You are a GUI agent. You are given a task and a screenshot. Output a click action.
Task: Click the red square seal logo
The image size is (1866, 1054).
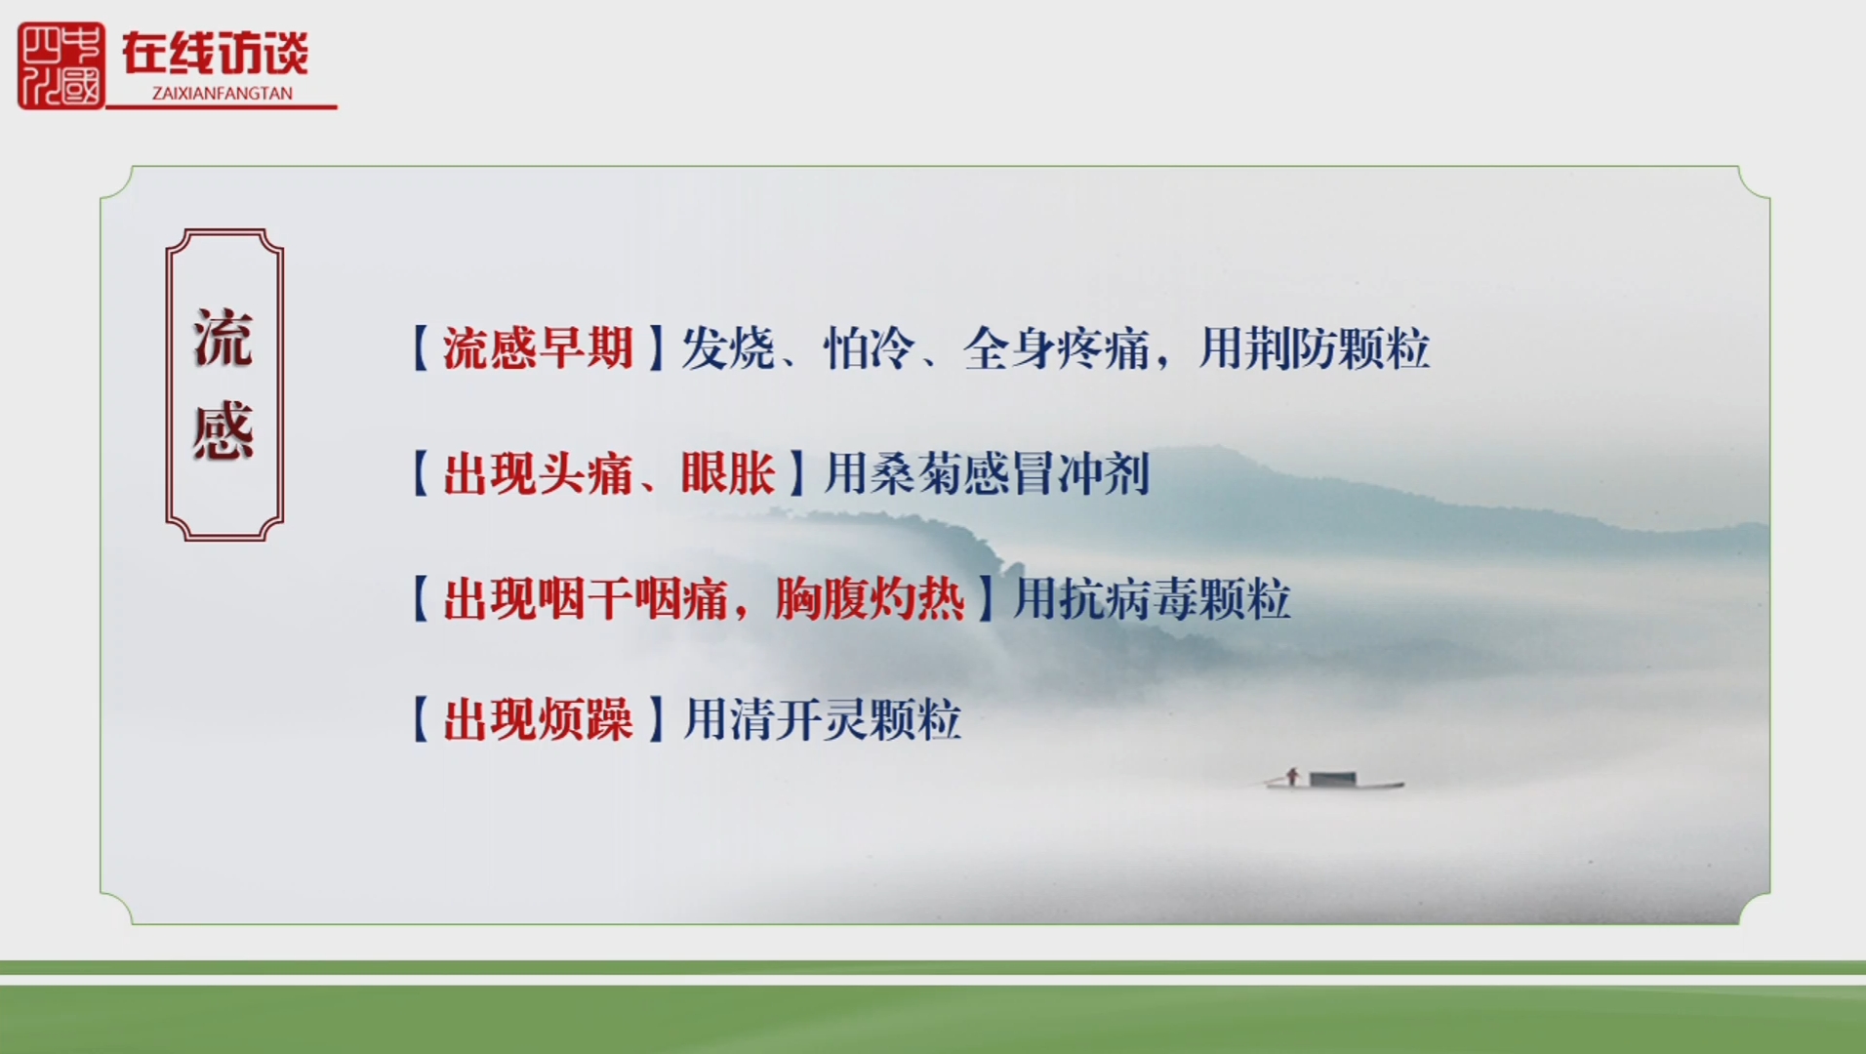pyautogui.click(x=61, y=65)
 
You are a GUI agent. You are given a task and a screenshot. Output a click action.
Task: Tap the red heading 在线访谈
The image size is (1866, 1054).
pyautogui.click(x=215, y=53)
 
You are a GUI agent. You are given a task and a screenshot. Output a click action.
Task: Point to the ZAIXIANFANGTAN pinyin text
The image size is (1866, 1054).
pyautogui.click(x=223, y=94)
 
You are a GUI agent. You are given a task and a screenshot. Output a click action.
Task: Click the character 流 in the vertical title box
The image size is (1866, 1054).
pyautogui.click(x=223, y=339)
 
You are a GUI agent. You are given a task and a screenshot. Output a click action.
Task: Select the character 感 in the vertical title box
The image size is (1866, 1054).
pyautogui.click(x=223, y=430)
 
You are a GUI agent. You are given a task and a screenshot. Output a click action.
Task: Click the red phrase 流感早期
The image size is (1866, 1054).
pyautogui.click(x=538, y=348)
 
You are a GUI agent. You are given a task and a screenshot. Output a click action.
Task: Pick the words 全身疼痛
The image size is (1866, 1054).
pyautogui.click(x=1057, y=348)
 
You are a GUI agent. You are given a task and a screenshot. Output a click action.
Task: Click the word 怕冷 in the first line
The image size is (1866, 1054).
pyautogui.click(x=869, y=348)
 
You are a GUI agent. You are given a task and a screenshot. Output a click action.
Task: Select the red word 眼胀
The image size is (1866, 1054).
pyautogui.click(x=728, y=473)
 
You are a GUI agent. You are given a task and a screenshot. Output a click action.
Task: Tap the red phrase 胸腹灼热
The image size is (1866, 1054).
pyautogui.click(x=870, y=598)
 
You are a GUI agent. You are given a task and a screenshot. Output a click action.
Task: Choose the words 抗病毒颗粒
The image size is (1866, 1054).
pyautogui.click(x=1176, y=598)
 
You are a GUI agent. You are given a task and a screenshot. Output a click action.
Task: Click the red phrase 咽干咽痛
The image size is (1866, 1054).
pyautogui.click(x=632, y=598)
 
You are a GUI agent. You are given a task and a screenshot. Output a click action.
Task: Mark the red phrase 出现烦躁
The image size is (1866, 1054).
pyautogui.click(x=538, y=720)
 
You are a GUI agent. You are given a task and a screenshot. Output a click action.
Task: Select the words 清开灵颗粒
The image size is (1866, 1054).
pyautogui.click(x=845, y=720)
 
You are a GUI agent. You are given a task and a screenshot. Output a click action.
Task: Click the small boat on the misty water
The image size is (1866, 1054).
pyautogui.click(x=1334, y=780)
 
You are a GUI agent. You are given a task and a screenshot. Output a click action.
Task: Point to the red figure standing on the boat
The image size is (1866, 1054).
pyautogui.click(x=1292, y=776)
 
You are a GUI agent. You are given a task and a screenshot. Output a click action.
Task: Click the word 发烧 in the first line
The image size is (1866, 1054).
pyautogui.click(x=728, y=348)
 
